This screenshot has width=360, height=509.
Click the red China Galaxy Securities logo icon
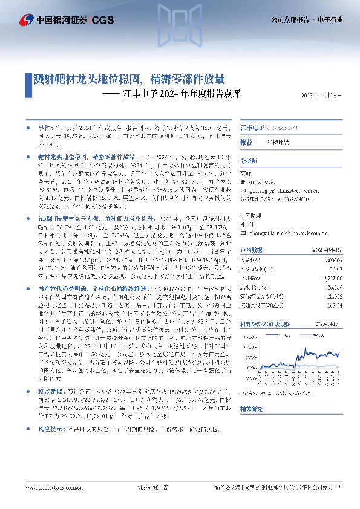[x=27, y=21]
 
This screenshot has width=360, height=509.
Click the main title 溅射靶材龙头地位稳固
[x=88, y=79]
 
